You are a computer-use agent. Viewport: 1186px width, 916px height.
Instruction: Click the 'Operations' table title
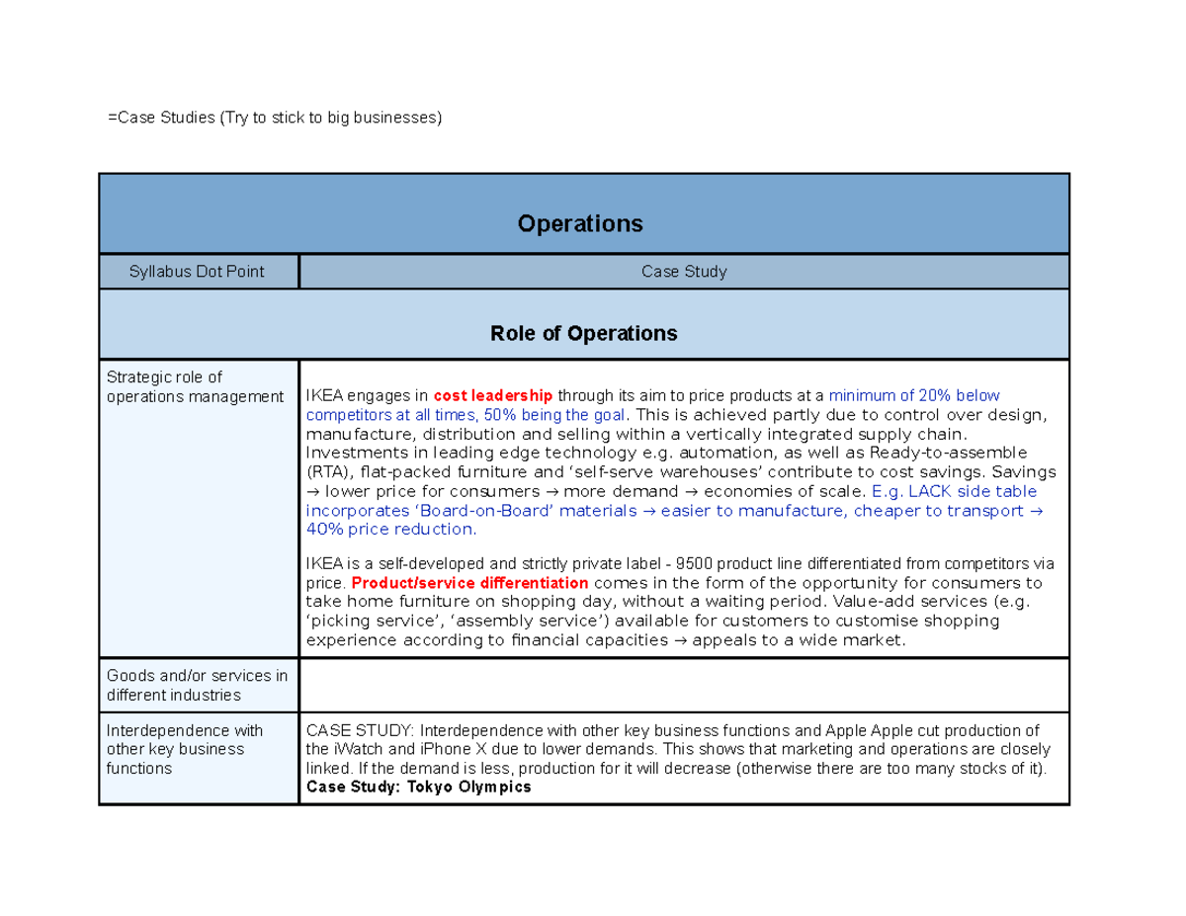580,224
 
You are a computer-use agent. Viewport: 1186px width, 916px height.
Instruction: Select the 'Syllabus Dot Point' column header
197,271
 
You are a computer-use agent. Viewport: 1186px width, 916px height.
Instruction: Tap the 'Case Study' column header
683,271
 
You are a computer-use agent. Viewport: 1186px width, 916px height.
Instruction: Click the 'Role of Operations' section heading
583,334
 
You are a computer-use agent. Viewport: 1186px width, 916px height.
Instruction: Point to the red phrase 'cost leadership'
492,395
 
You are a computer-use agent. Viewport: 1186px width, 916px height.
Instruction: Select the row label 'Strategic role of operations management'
195,386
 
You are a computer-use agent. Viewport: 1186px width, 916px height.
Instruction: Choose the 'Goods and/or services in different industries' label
197,685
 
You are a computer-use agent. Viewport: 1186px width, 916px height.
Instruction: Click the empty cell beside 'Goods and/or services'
683,685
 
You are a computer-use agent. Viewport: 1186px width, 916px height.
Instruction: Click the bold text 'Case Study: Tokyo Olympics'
418,787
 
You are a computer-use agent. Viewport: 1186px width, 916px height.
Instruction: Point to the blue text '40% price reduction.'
390,529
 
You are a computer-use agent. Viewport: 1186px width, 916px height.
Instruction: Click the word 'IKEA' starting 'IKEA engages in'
324,395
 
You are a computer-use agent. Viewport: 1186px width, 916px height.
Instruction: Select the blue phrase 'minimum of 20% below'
900,395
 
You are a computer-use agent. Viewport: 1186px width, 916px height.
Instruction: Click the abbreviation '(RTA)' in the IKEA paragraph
327,471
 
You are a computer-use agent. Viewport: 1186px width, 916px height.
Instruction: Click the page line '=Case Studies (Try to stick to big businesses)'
276,119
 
